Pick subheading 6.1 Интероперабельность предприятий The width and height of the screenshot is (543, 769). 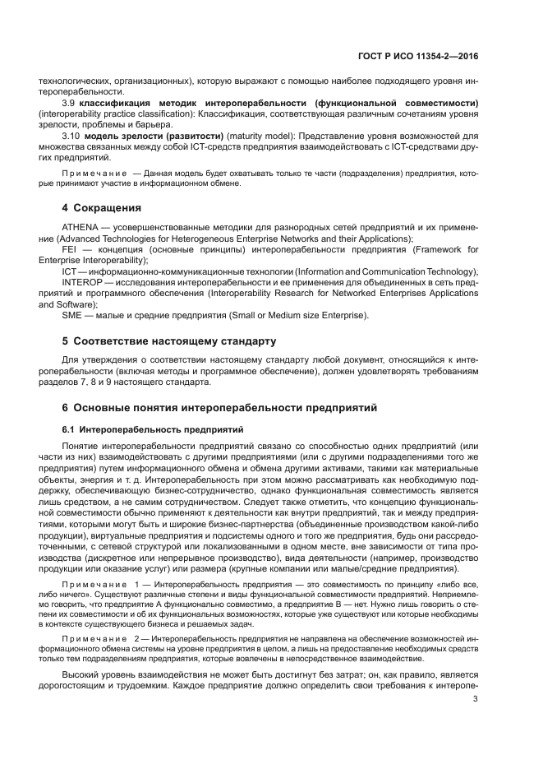152,429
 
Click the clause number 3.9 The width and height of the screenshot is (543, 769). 69,103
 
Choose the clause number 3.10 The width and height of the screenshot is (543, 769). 71,135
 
